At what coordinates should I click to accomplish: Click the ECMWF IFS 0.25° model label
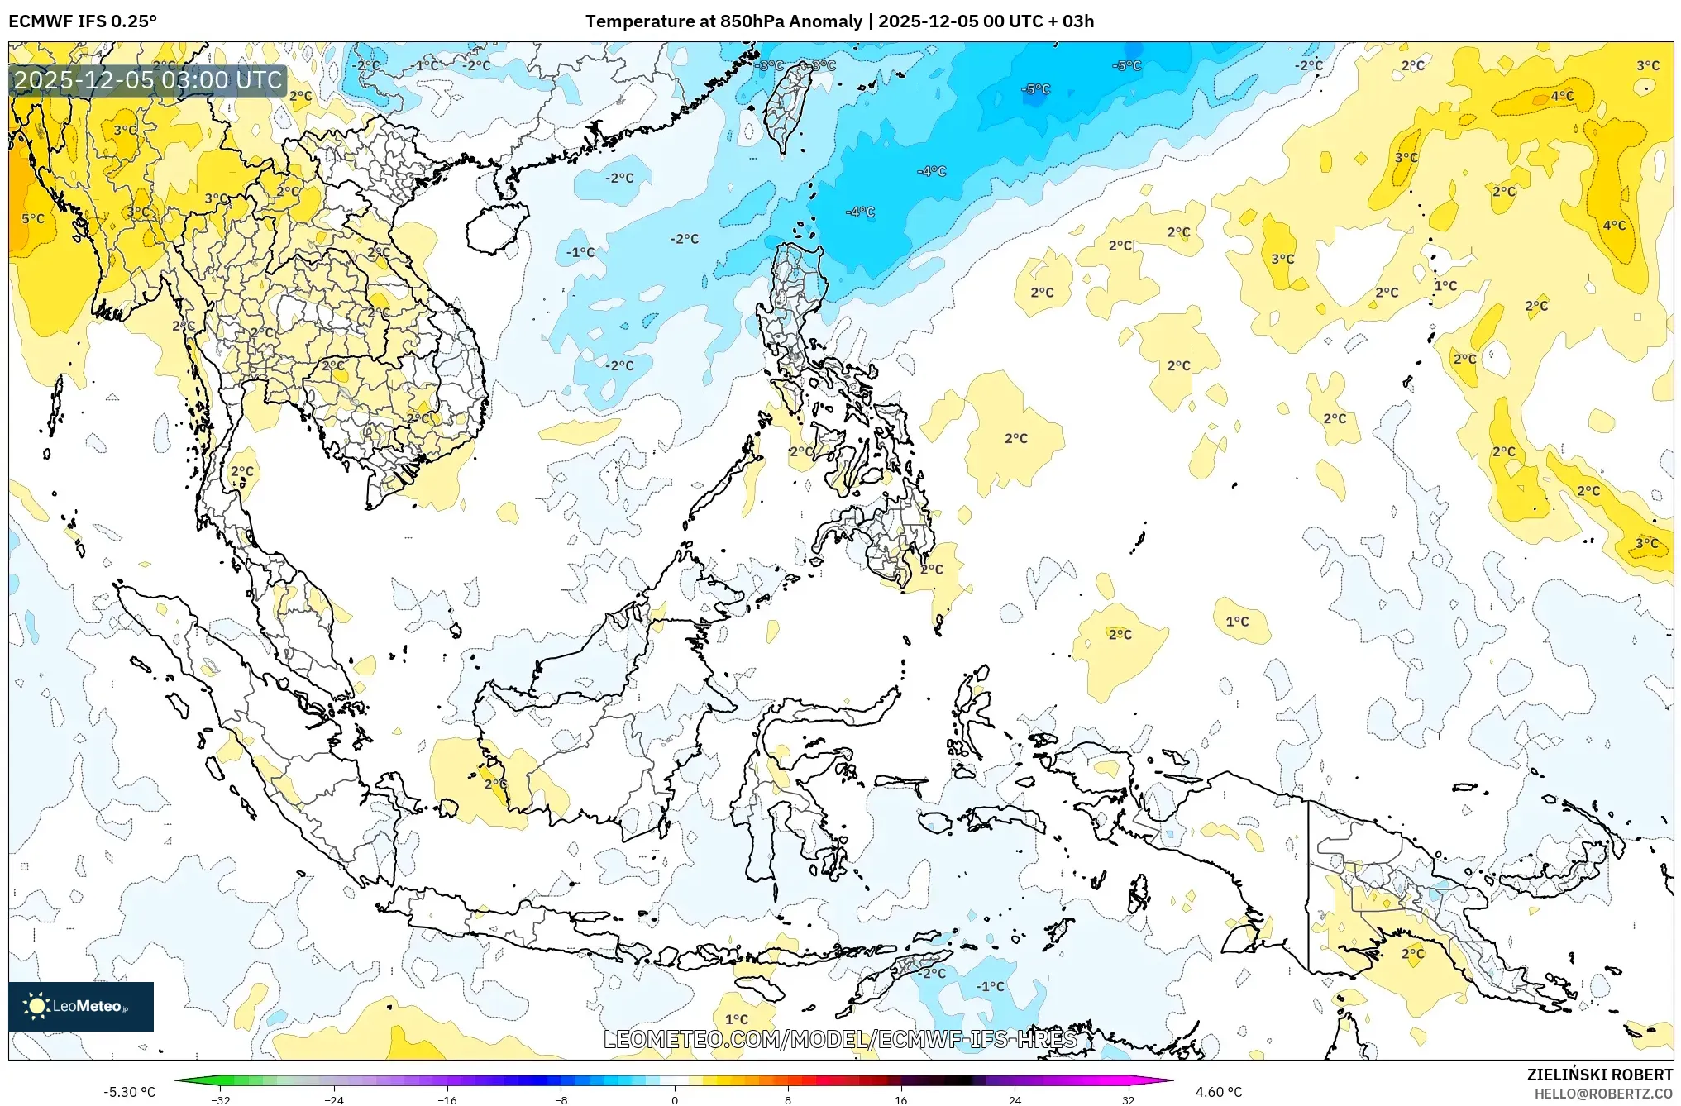[82, 21]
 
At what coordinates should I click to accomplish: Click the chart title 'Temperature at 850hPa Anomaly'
[723, 21]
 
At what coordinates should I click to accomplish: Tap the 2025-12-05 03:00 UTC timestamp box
[148, 80]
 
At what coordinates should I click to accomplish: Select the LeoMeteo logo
[80, 1006]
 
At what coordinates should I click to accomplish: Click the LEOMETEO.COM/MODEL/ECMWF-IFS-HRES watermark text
[840, 1039]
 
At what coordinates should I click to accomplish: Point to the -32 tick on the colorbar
[221, 1099]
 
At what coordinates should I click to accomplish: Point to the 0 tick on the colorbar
[675, 1099]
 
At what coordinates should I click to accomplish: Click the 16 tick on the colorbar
[901, 1099]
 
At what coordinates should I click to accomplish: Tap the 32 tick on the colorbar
[1128, 1099]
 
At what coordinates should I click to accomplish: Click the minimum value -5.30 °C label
[129, 1092]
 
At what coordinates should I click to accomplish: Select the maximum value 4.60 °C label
[1219, 1092]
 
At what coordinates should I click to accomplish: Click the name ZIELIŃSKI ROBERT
[1599, 1075]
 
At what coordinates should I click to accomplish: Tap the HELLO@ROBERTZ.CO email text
[1603, 1094]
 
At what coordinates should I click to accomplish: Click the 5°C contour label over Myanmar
[33, 219]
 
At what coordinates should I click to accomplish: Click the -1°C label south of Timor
[990, 986]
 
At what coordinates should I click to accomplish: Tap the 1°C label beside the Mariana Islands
[1445, 286]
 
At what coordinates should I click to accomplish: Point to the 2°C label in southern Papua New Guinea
[1413, 953]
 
